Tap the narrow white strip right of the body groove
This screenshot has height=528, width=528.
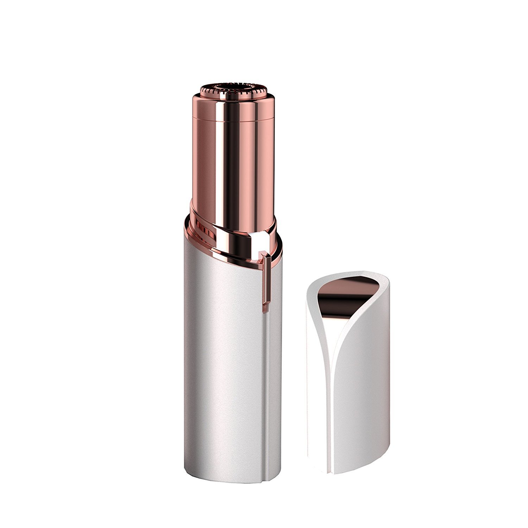tap(273, 387)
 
